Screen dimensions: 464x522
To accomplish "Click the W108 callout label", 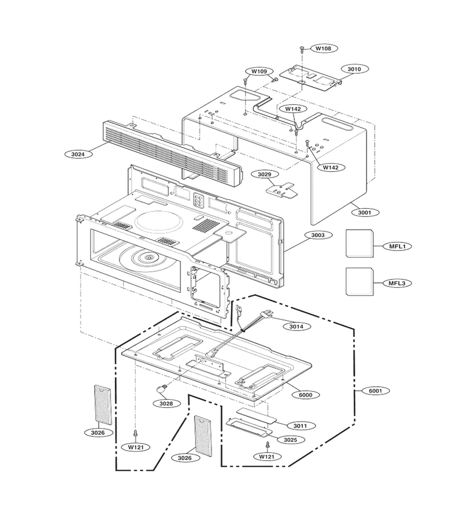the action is pyautogui.click(x=323, y=48).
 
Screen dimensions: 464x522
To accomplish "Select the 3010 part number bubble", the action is pyautogui.click(x=354, y=69).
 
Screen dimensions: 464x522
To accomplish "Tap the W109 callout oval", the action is pyautogui.click(x=259, y=71).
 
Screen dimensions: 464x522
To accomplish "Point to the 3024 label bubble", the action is pyautogui.click(x=78, y=154).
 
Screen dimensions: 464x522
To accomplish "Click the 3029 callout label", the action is pyautogui.click(x=265, y=174).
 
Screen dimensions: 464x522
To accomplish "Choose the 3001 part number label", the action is pyautogui.click(x=364, y=212).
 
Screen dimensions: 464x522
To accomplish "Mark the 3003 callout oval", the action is pyautogui.click(x=317, y=235).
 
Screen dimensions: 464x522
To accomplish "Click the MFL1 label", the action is pyautogui.click(x=397, y=246).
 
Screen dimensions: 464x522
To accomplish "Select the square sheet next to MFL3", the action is pyautogui.click(x=360, y=281).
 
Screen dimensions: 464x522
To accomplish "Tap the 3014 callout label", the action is pyautogui.click(x=296, y=327).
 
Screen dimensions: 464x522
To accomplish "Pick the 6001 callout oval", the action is pyautogui.click(x=375, y=391).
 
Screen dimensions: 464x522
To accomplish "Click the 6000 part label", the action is pyautogui.click(x=306, y=395).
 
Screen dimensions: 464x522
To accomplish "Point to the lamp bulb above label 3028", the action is pyautogui.click(x=162, y=388).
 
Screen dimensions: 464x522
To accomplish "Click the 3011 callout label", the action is pyautogui.click(x=300, y=426).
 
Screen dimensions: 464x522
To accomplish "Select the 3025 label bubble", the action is pyautogui.click(x=290, y=440).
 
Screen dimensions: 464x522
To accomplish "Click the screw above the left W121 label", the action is pyautogui.click(x=136, y=433).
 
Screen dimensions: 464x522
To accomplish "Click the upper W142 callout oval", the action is pyautogui.click(x=293, y=109).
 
